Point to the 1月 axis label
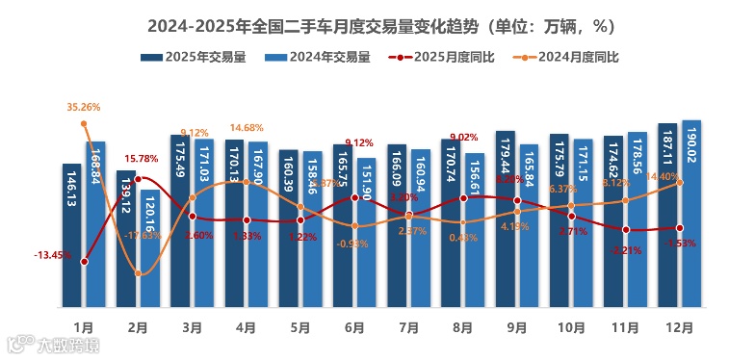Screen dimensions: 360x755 84,327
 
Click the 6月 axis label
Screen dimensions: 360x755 354,327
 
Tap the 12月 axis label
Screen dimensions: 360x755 680,327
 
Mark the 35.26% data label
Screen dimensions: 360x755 84,107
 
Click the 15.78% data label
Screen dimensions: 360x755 141,159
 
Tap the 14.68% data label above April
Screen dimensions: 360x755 247,128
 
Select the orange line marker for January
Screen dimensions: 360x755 85,123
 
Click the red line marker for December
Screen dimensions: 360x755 680,228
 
